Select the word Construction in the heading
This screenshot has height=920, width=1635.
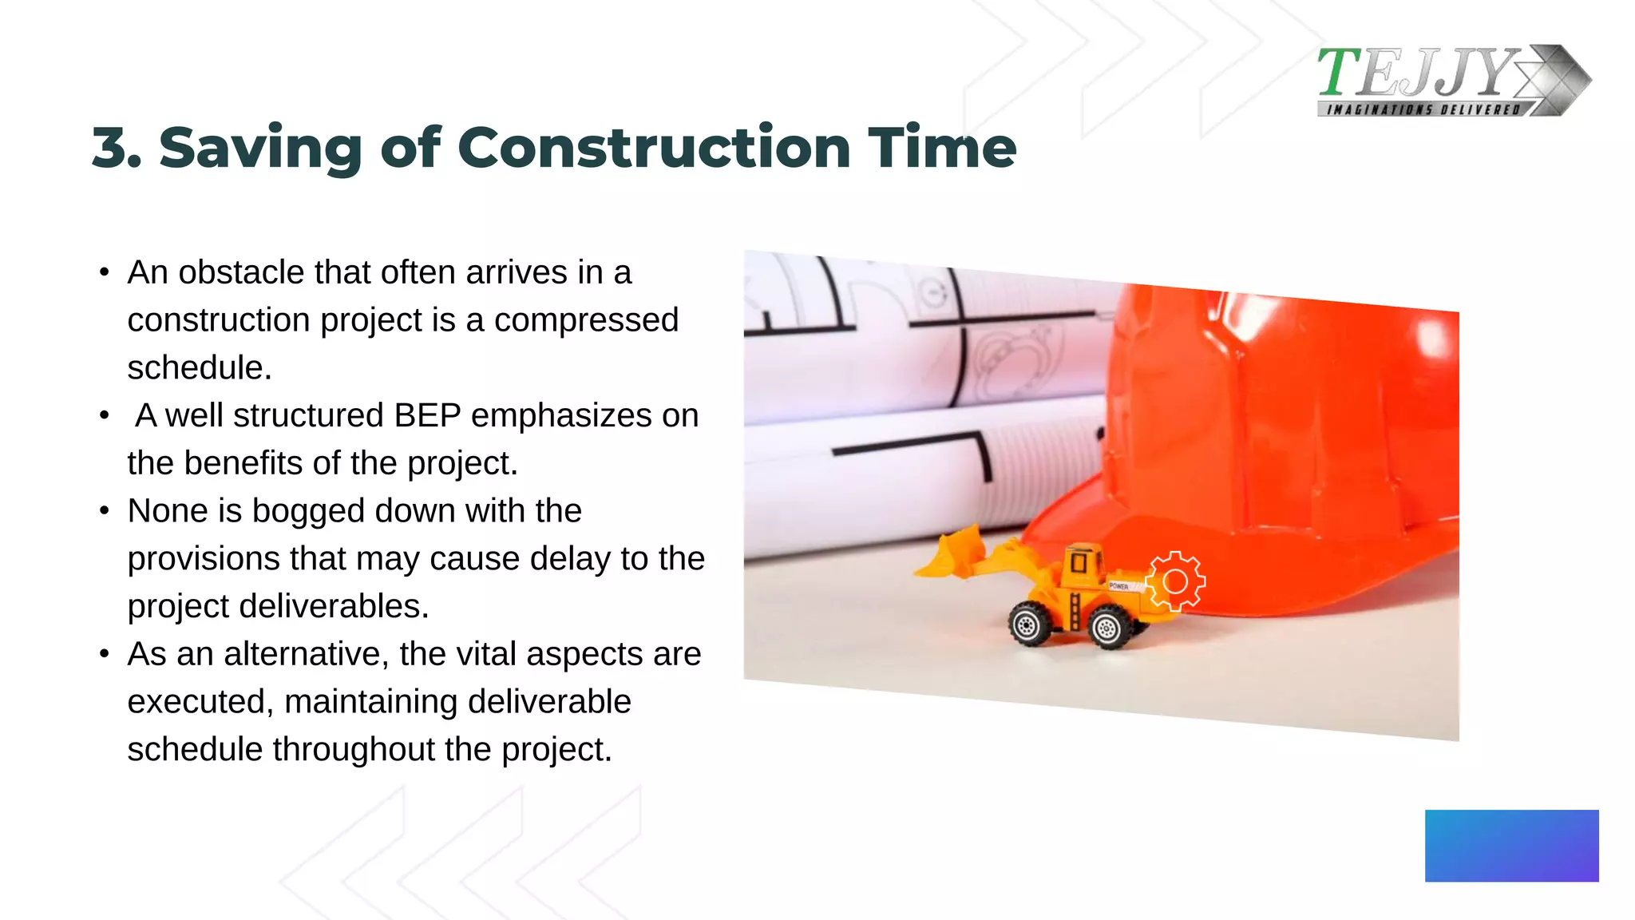point(653,149)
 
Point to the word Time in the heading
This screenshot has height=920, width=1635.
point(942,149)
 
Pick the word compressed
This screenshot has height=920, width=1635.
point(586,320)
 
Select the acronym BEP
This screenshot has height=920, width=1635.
point(427,415)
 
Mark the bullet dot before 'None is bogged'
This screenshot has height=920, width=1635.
point(104,511)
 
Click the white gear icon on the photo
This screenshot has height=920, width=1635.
point(1174,581)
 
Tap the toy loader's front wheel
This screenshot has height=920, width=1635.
point(1029,625)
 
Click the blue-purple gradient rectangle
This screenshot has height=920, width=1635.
point(1511,846)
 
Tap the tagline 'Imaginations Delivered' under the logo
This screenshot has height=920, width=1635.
point(1423,109)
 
